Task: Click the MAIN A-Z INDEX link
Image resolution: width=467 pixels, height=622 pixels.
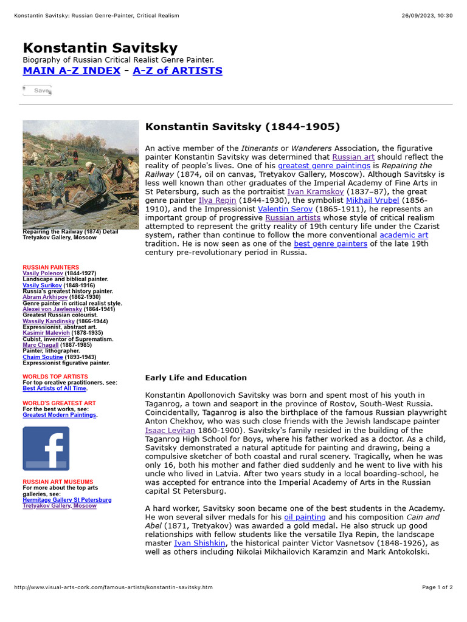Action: (x=71, y=70)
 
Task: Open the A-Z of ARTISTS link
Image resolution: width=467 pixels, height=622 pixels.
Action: (x=178, y=70)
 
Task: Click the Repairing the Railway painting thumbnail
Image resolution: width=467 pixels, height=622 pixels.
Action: (x=80, y=174)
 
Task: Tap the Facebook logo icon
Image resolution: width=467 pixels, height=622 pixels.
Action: (x=46, y=448)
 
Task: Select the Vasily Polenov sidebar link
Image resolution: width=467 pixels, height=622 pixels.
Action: (x=43, y=273)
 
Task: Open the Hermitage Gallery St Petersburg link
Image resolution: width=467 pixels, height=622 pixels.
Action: (x=67, y=499)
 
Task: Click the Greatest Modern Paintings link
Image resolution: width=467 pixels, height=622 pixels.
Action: (x=60, y=415)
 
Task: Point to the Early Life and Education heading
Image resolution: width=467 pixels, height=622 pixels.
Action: (x=196, y=377)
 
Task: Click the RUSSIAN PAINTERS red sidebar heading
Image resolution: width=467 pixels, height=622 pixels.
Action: (x=50, y=267)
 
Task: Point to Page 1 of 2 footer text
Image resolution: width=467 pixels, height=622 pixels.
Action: (x=437, y=587)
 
